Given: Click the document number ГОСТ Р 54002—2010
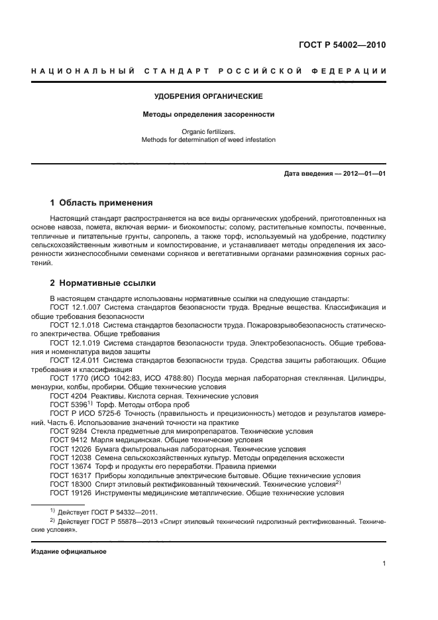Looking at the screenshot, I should click(343, 46).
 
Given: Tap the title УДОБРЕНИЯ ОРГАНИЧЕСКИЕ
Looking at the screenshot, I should click(209, 97).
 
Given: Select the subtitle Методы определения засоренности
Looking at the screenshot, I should click(209, 115).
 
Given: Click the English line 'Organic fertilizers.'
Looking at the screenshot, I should click(209, 132).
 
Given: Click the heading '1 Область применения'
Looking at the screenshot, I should click(102, 203).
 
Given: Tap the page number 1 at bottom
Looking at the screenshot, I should click(384, 564).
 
